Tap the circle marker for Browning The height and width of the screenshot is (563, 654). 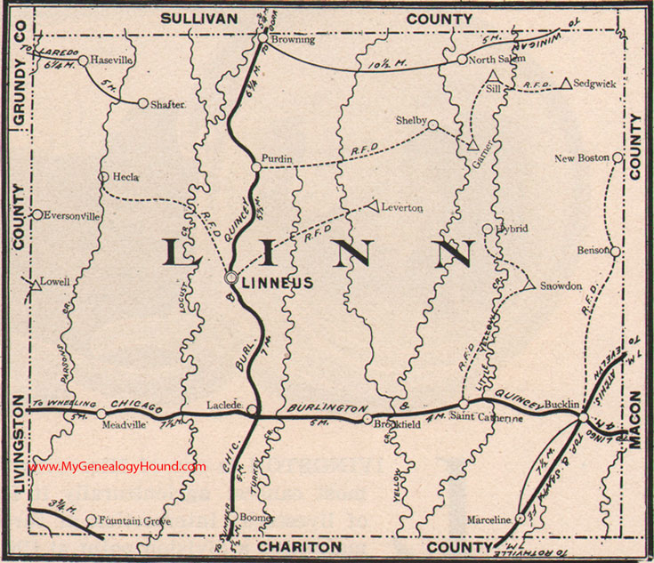264,38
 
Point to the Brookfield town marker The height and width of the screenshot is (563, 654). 367,418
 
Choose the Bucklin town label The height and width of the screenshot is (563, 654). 561,403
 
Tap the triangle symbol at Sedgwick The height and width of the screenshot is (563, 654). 565,84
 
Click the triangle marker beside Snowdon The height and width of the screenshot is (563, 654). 529,286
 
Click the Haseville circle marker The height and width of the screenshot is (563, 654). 83,60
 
